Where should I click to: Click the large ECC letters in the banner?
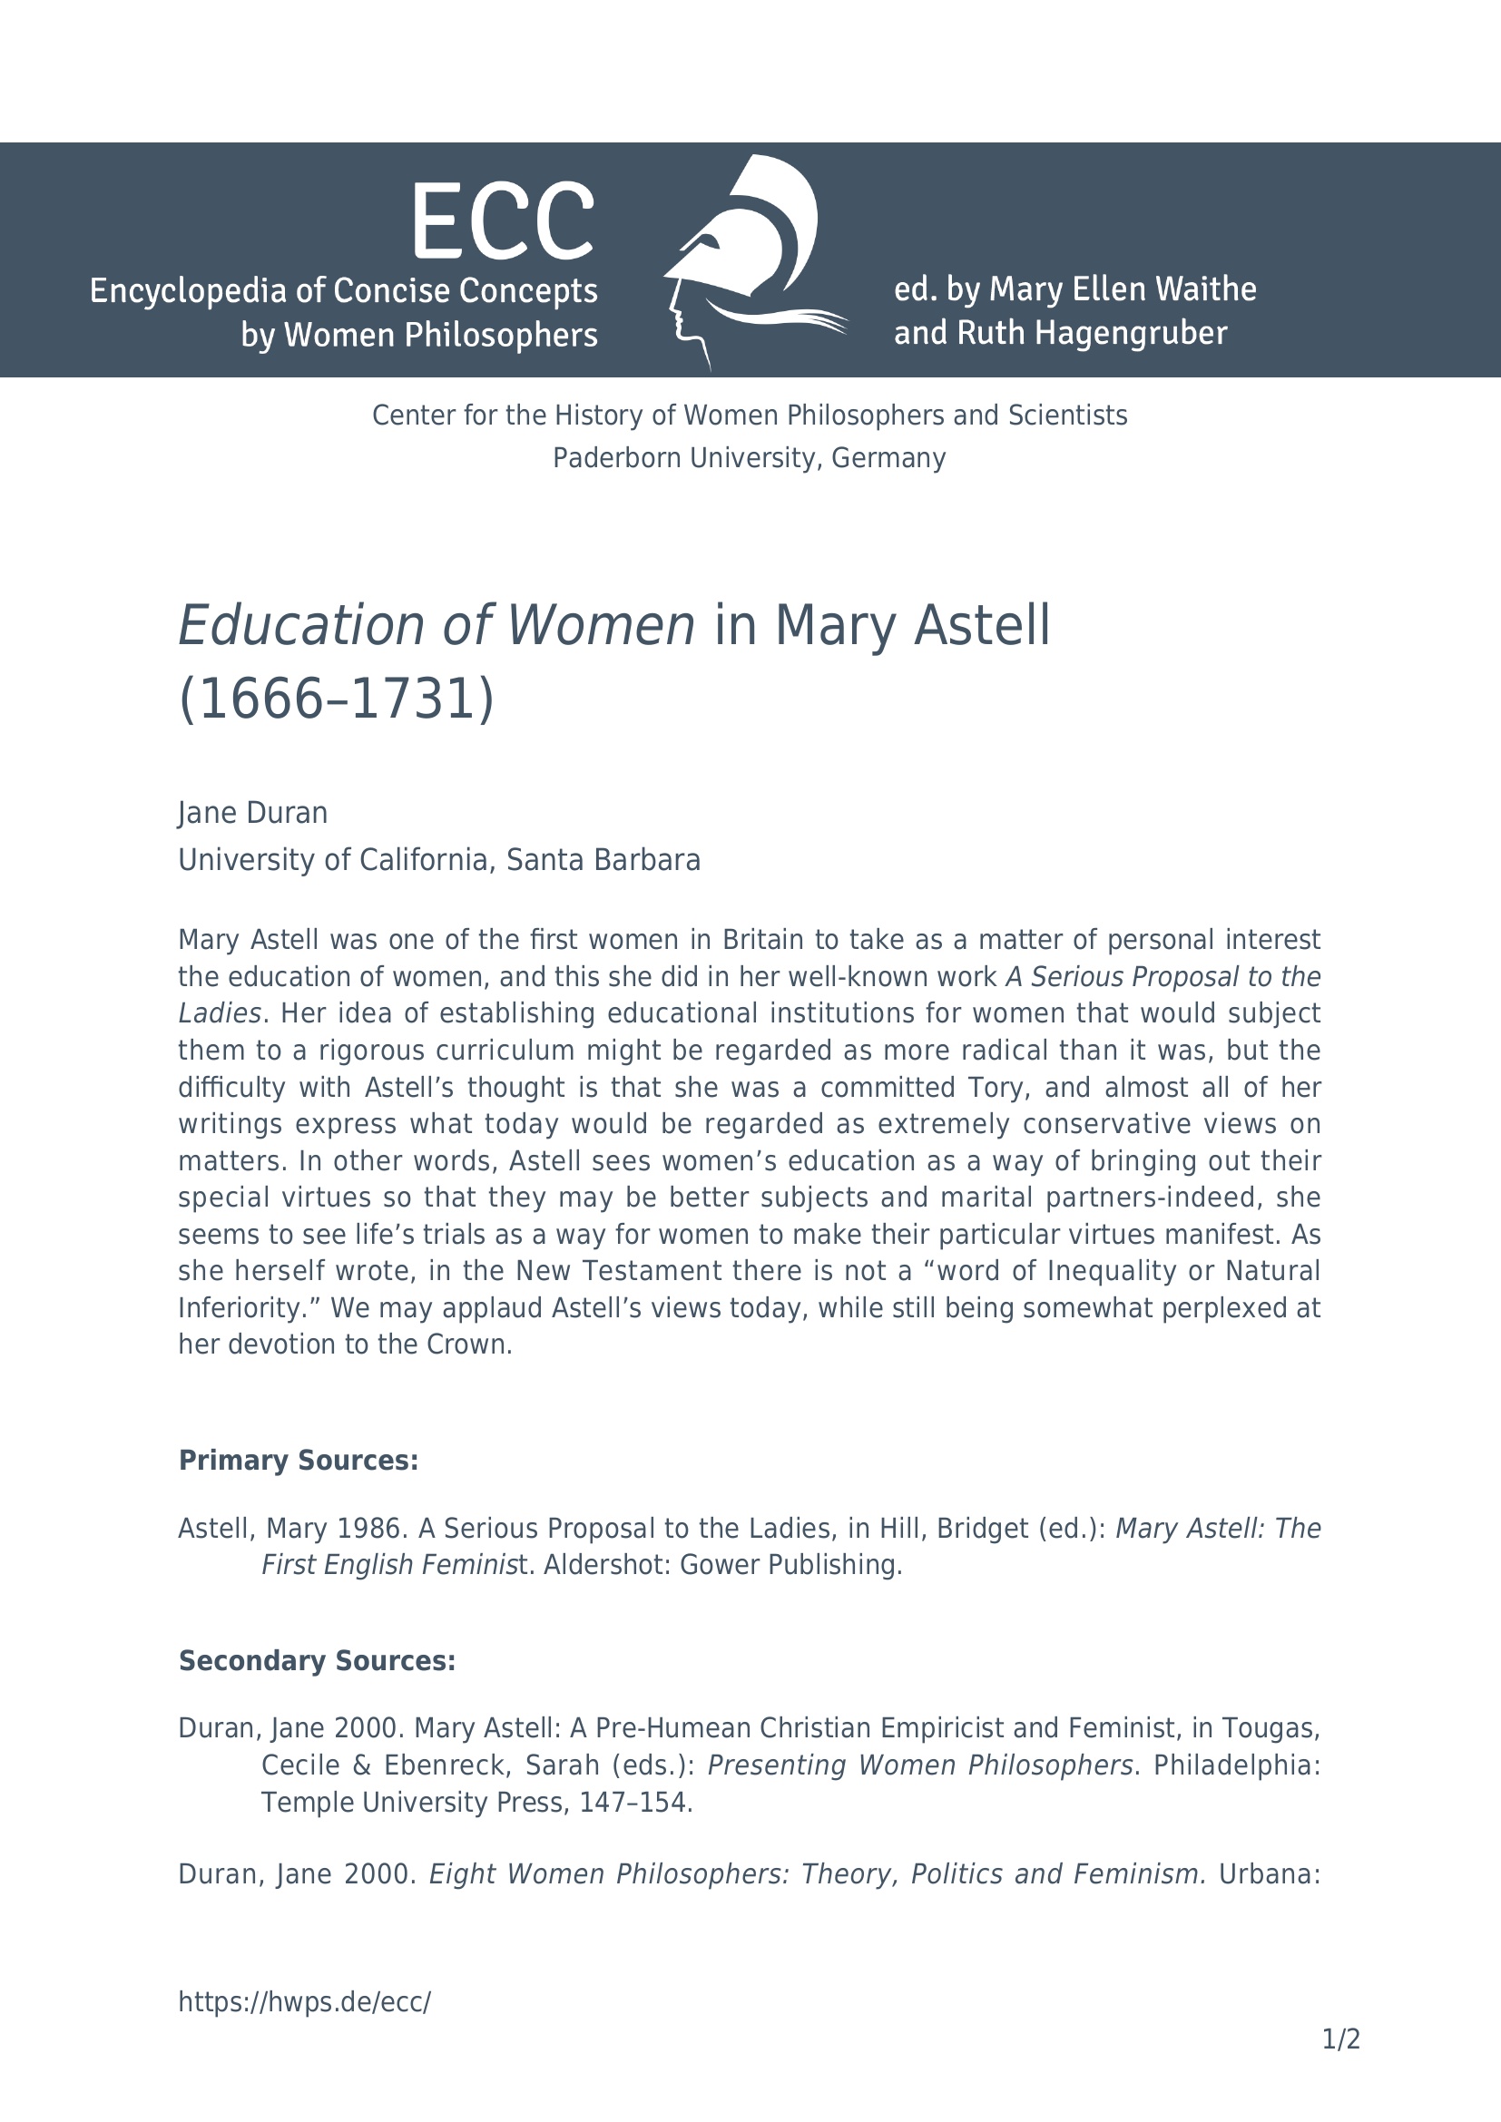click(502, 221)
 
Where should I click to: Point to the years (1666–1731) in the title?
click(337, 699)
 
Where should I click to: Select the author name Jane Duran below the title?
click(252, 812)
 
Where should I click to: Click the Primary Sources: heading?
click(298, 1461)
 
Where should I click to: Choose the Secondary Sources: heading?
click(317, 1661)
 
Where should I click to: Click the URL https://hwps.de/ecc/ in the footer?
click(304, 2002)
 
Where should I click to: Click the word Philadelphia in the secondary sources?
click(1236, 1765)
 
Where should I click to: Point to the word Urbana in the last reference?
click(1268, 1873)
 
